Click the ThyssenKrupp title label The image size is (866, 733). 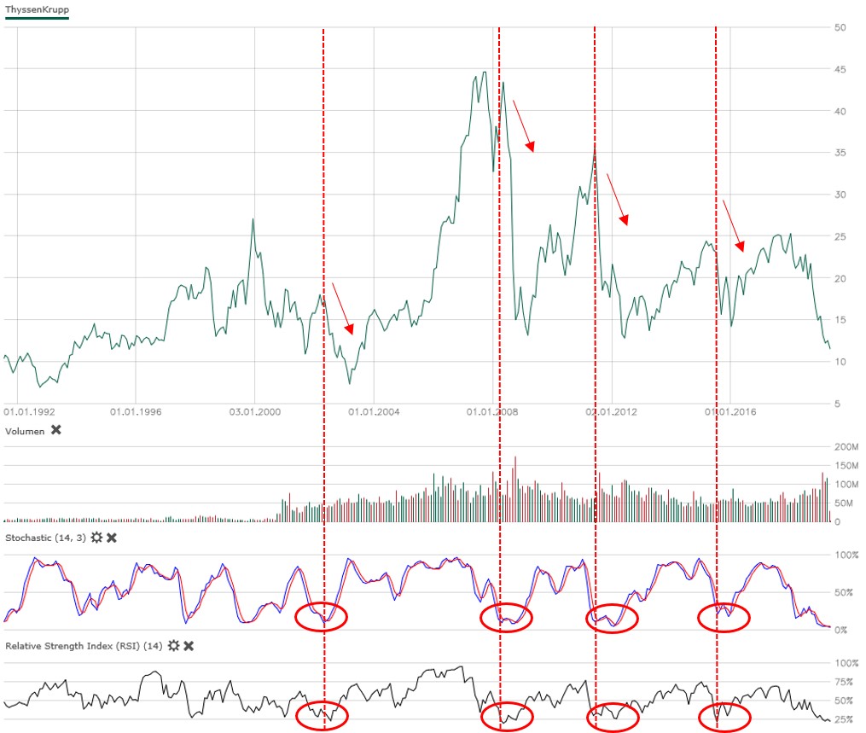pos(38,10)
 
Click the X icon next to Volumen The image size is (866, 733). pos(56,430)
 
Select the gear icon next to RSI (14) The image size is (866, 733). pos(174,646)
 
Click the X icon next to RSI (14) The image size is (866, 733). pos(189,646)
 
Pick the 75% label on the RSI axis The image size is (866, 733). pos(845,682)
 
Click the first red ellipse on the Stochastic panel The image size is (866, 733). pos(321,617)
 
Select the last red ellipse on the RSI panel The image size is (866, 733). pos(724,717)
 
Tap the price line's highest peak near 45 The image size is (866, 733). pos(484,73)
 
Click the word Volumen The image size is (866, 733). pos(25,431)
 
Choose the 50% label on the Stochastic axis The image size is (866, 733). pos(845,592)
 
